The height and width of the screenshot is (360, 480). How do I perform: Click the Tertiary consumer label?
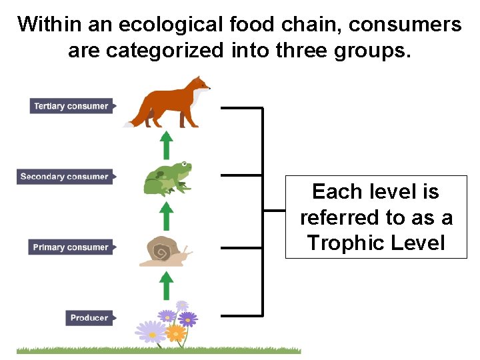71,106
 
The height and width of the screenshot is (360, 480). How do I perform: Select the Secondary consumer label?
64,177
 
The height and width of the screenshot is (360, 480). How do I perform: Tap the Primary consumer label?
71,247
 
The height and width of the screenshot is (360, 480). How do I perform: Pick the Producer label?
89,318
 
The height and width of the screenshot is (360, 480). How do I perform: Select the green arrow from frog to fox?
167,145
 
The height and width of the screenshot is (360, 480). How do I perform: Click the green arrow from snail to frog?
167,217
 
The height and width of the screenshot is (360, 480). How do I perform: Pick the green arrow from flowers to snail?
167,285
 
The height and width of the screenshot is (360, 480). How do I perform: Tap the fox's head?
199,85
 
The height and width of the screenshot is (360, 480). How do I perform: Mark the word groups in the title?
373,51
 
